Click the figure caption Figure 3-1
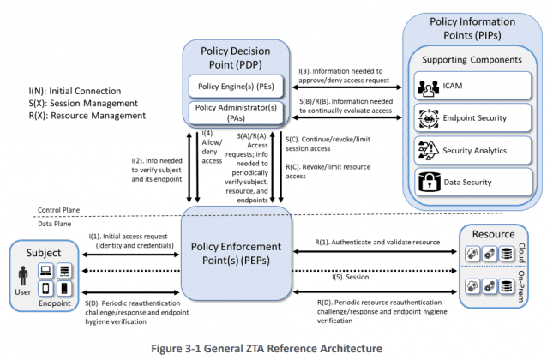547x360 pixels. pos(273,348)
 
